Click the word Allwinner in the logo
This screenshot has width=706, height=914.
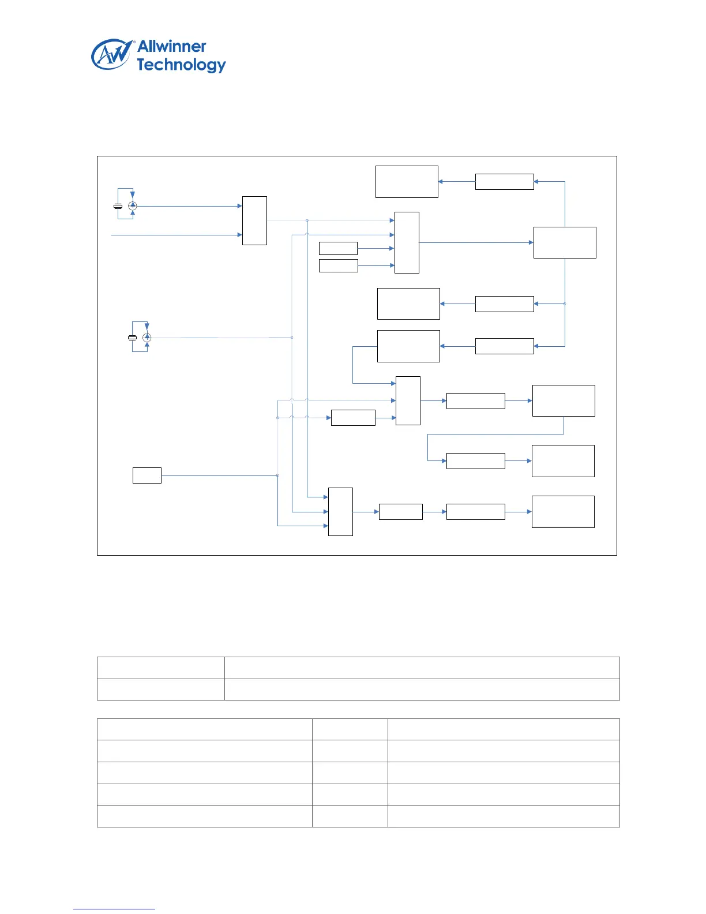click(171, 47)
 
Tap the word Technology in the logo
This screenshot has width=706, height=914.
click(181, 65)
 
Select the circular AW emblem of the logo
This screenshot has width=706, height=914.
click(111, 55)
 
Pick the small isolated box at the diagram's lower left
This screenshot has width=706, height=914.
click(147, 475)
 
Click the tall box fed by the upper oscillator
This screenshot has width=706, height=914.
click(254, 220)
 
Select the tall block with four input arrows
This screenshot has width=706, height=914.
click(407, 242)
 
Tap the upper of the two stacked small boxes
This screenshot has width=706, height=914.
click(338, 248)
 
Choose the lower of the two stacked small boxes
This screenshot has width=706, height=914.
click(338, 265)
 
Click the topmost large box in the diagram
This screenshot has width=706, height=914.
click(407, 182)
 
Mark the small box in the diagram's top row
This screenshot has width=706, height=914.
click(504, 182)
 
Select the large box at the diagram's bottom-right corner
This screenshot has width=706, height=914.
click(563, 512)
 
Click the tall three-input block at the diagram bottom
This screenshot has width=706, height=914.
click(340, 512)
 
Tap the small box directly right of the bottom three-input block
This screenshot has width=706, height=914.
click(400, 512)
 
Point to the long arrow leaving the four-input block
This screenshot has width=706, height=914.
click(476, 242)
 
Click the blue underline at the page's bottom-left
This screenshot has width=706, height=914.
click(114, 909)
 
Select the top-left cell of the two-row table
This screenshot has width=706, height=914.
click(160, 668)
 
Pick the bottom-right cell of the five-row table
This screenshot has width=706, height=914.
click(504, 816)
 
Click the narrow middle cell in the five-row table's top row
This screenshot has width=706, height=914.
click(350, 729)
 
